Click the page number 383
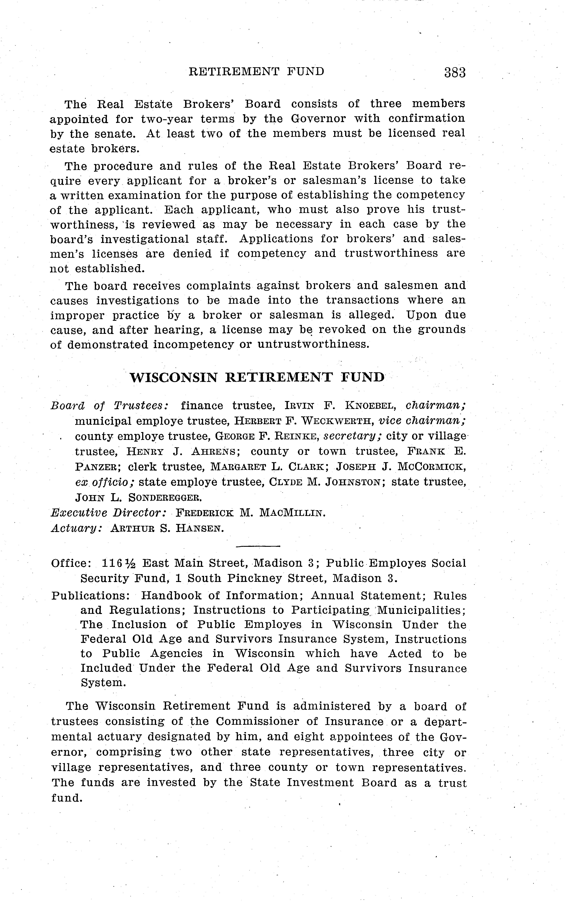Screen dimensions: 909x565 click(455, 72)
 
